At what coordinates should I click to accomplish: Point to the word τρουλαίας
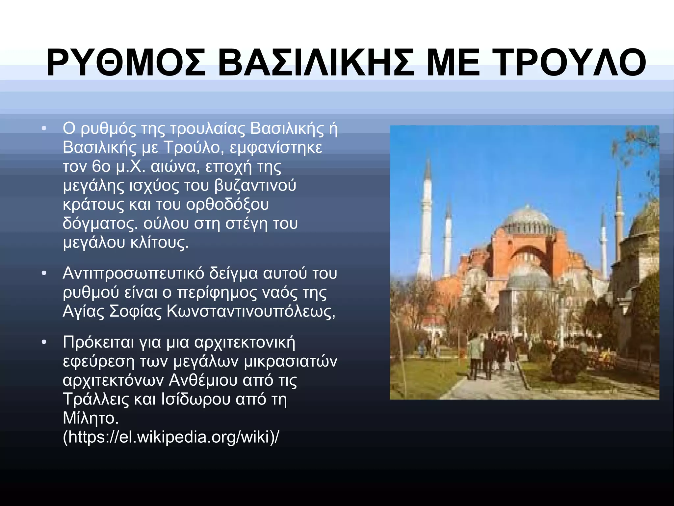pos(207,129)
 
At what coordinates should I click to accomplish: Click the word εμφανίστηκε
pos(276,147)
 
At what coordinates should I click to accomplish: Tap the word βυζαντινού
pos(255,185)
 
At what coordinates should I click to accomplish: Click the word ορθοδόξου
pos(227,204)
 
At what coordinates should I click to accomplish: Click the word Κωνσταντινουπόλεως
pos(251,311)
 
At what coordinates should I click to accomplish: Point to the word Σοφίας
pos(135,311)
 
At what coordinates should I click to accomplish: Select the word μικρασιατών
pos(291,361)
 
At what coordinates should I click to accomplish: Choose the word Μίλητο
pos(91,418)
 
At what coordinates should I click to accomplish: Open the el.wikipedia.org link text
pos(171,437)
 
